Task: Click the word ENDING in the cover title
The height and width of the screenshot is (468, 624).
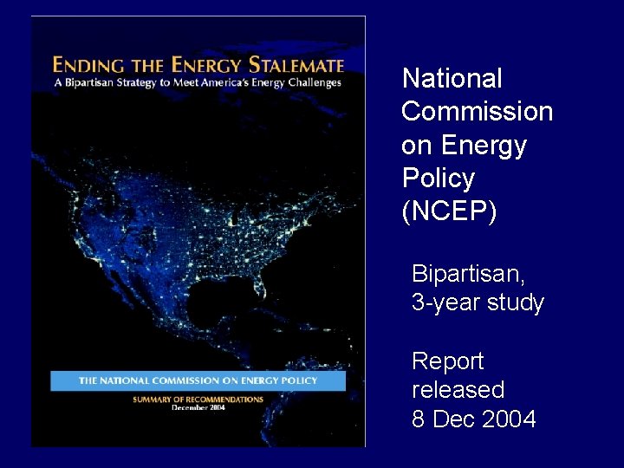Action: click(x=80, y=65)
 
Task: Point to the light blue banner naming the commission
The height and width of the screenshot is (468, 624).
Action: click(x=198, y=380)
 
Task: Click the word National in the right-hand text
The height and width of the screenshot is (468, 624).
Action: click(x=452, y=79)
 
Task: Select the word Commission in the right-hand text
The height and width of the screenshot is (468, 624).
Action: click(x=477, y=112)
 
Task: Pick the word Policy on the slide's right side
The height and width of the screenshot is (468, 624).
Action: click(x=439, y=179)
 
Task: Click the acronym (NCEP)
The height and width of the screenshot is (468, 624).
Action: click(x=449, y=211)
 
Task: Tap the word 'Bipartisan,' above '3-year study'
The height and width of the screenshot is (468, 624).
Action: click(x=468, y=274)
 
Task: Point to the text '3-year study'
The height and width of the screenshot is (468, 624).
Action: click(x=478, y=303)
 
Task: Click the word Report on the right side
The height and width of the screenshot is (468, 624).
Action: click(x=447, y=361)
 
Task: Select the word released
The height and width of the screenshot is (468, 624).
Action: click(x=458, y=390)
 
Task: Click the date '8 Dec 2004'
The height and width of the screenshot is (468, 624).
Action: click(x=474, y=419)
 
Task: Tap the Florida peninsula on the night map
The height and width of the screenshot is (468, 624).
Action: click(x=261, y=283)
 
